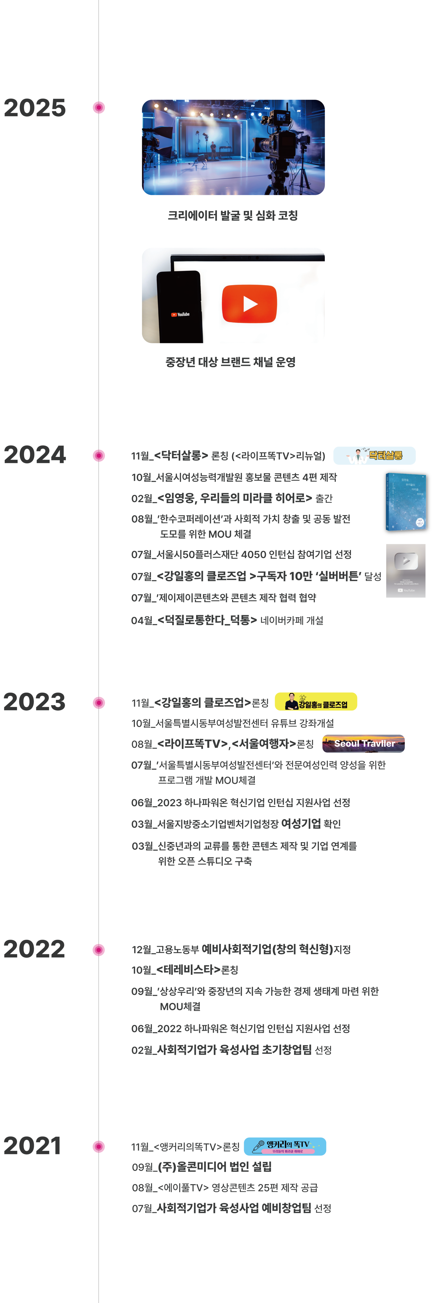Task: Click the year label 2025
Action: (34, 108)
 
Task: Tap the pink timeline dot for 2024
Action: (99, 456)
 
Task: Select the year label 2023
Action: (34, 702)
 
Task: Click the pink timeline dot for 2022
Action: (99, 950)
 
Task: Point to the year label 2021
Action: (32, 1146)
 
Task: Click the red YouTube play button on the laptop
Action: (249, 304)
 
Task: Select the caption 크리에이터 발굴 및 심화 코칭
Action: (233, 215)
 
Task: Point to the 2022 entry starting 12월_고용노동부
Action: (241, 949)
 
